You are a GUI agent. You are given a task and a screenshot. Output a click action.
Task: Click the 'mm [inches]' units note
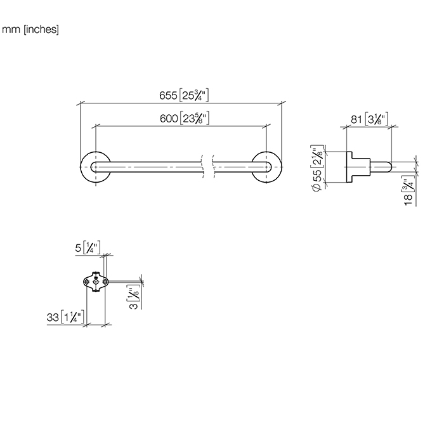pos(30,29)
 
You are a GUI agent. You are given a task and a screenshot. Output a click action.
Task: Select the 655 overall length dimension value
pos(168,95)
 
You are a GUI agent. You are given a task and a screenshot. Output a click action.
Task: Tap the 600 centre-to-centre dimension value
pos(169,119)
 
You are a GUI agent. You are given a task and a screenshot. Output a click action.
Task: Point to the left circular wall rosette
pos(95,167)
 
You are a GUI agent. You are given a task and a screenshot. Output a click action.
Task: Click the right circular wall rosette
pos(266,167)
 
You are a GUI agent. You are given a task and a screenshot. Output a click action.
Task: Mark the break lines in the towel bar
pos(208,166)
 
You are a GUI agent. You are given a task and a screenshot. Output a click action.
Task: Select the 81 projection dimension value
pos(356,119)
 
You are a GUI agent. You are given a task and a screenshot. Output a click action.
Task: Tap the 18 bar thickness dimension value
pos(408,200)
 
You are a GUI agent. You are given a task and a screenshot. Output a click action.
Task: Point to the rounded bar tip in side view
pos(389,167)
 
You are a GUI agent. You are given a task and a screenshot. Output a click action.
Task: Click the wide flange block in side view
pos(349,167)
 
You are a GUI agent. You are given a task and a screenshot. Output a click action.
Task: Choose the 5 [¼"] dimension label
pos(88,248)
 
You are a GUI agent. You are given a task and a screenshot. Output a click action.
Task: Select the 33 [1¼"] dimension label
pos(65,317)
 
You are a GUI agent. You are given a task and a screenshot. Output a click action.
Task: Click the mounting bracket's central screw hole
pos(96,282)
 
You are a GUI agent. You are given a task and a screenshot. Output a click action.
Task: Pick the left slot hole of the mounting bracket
pos(87,282)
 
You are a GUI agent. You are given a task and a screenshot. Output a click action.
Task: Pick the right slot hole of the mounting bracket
pos(105,282)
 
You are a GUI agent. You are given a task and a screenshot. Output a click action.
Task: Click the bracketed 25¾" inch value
pos(194,95)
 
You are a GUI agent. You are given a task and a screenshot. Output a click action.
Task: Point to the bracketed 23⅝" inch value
pos(195,118)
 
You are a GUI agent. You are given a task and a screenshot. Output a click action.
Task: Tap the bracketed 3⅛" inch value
pos(376,119)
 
